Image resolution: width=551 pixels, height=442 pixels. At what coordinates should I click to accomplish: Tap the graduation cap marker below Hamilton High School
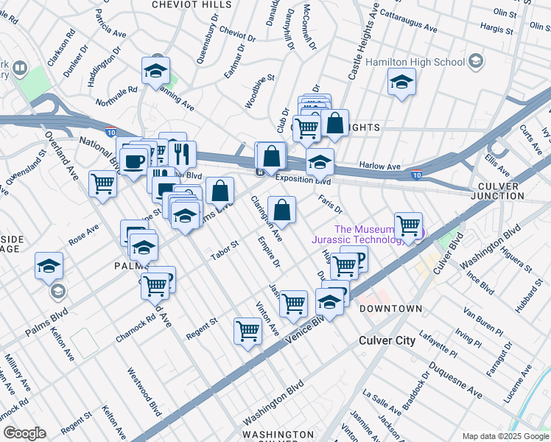401,82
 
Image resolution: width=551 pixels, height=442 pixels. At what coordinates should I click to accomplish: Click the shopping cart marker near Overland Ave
102,183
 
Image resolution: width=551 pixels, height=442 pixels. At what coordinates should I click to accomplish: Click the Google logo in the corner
24,432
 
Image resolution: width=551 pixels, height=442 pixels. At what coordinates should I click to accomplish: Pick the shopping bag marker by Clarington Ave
281,211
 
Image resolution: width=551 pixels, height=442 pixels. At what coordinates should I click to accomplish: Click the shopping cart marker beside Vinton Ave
248,331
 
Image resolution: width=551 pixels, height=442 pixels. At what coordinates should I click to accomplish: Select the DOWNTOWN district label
390,309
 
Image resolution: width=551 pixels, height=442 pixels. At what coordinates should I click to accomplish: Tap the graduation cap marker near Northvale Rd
155,71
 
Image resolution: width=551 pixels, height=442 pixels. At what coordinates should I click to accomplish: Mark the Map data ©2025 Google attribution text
505,435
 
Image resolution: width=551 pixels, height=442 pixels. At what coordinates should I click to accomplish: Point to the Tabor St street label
225,250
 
